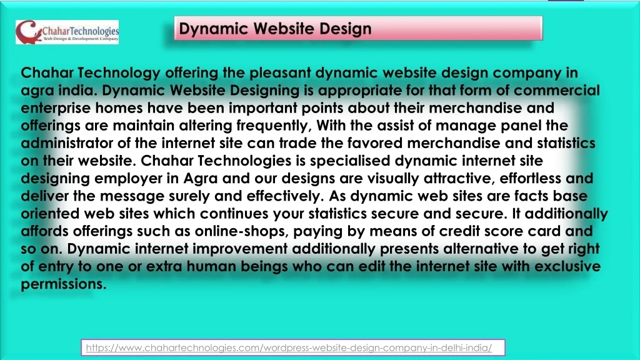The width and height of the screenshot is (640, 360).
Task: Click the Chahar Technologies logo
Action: tap(67, 32)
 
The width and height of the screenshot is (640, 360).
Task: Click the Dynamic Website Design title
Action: tap(275, 29)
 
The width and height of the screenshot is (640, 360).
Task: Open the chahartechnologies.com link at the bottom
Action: tap(289, 347)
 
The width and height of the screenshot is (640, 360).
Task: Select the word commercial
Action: tap(557, 90)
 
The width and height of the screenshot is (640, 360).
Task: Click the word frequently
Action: tap(274, 125)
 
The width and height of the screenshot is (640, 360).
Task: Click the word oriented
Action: tap(50, 214)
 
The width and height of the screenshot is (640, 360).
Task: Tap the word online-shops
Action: tap(242, 231)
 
